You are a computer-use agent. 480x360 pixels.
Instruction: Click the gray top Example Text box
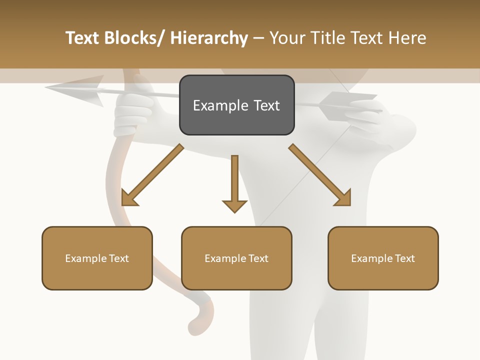coord(236,105)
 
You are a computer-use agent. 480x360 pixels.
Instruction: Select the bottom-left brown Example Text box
coord(97,258)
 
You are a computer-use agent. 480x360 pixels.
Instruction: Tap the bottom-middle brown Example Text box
coord(236,258)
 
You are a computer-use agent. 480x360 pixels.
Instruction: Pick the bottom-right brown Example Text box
coord(383,258)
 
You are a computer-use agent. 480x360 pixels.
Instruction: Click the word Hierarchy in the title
coord(209,38)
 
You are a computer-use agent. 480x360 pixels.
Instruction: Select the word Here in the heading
coord(407,38)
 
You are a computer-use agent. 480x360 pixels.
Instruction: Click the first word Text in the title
coord(83,38)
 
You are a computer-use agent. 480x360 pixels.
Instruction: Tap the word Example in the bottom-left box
coord(86,258)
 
